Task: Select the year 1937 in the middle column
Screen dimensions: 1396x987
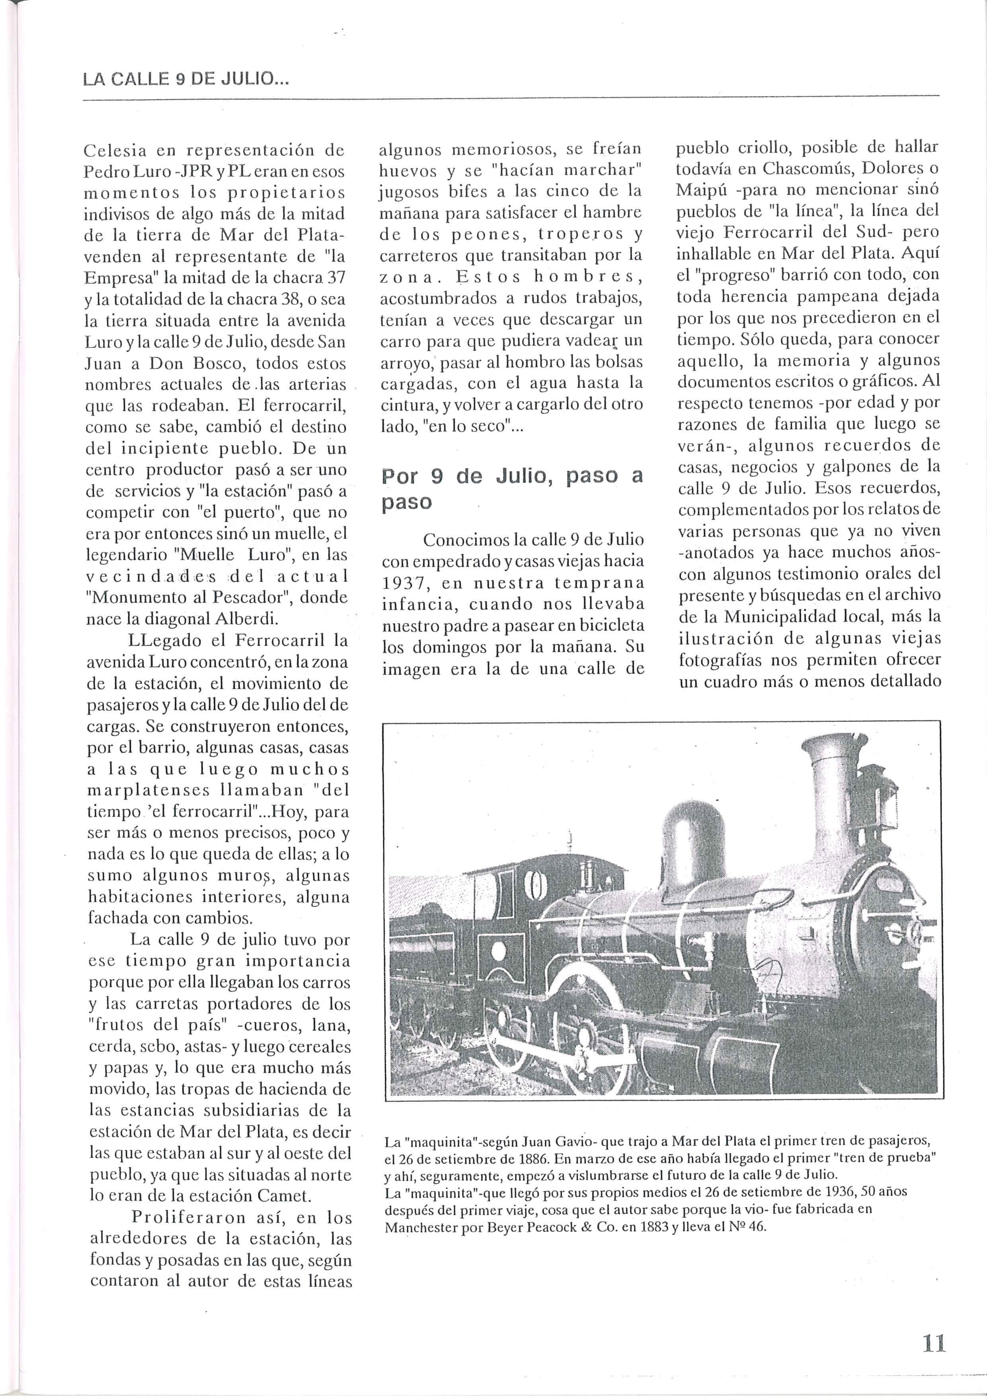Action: coord(406,583)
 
